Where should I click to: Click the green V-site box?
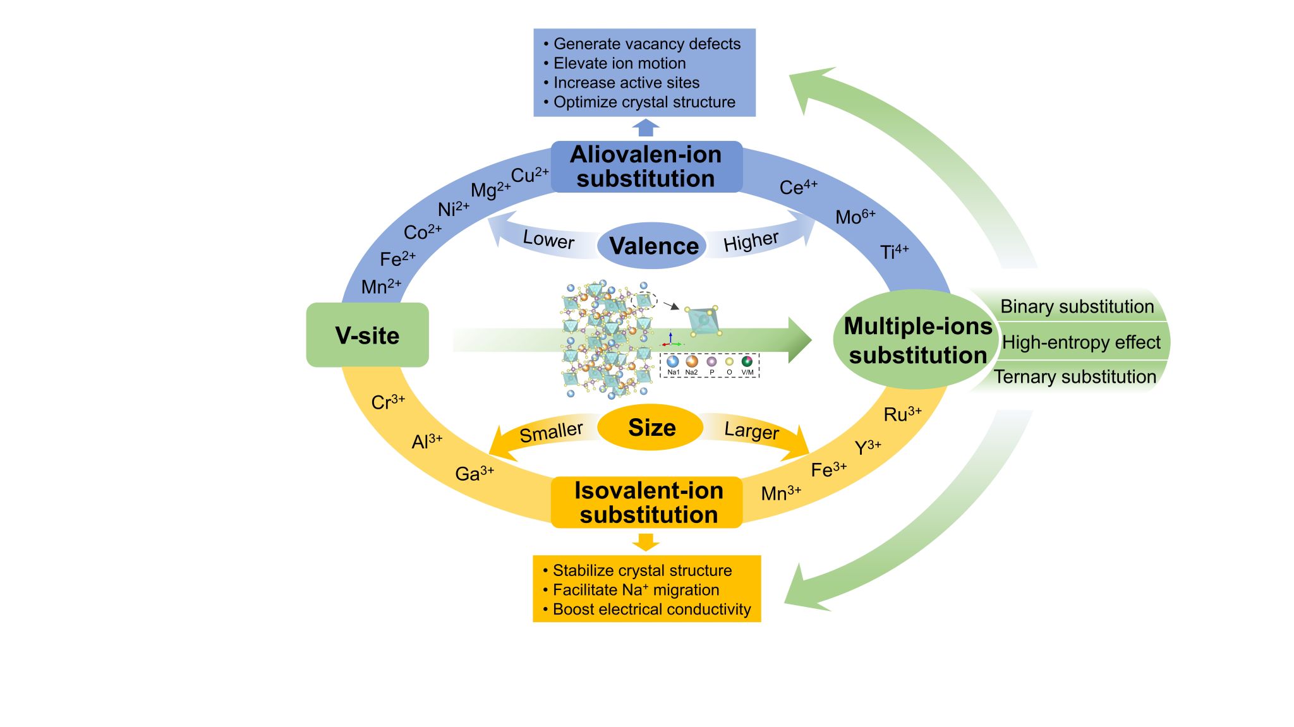point(367,335)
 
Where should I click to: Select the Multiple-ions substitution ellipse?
point(917,340)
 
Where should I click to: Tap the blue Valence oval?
point(653,245)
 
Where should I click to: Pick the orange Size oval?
point(651,428)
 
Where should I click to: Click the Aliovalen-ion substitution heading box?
point(646,167)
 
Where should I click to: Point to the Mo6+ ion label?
point(855,217)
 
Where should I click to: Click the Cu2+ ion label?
point(529,175)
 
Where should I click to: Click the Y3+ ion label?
point(868,447)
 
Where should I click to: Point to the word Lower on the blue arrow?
point(548,239)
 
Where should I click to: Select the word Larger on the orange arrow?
point(751,430)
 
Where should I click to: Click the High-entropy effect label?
point(1080,342)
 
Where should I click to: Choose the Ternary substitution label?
point(1074,377)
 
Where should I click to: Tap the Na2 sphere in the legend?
point(692,361)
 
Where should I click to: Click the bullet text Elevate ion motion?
point(619,63)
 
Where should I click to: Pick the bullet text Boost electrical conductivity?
point(651,609)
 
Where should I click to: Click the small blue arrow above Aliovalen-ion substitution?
point(645,128)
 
